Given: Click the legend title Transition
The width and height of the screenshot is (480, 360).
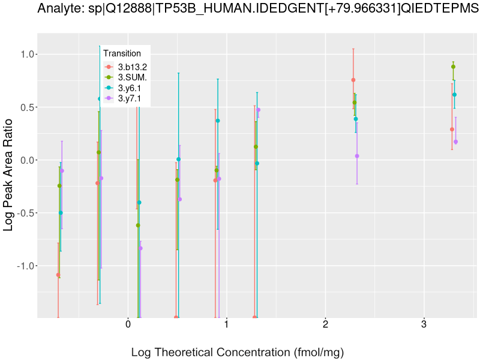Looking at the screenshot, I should (x=122, y=53).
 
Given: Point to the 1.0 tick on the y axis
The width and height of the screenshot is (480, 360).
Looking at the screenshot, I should (x=26, y=55).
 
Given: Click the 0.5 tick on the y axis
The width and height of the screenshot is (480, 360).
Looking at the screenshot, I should (x=26, y=107).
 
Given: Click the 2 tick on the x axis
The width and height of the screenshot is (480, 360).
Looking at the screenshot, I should (x=325, y=325).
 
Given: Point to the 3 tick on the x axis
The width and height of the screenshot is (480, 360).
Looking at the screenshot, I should (x=424, y=325).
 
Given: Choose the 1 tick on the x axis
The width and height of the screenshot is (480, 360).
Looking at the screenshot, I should (x=227, y=325).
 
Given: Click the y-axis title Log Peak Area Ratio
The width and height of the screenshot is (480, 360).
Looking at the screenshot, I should (x=10, y=174).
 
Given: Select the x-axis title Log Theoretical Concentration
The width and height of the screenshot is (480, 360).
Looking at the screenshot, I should (x=238, y=352).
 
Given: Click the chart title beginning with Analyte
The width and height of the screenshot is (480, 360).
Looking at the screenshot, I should (x=258, y=9).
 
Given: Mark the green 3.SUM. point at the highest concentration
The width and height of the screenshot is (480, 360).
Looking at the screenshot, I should (x=454, y=67).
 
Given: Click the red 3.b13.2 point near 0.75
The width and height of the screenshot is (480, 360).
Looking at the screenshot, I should (x=353, y=80).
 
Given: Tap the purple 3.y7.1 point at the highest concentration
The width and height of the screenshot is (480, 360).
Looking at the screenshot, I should (x=455, y=142).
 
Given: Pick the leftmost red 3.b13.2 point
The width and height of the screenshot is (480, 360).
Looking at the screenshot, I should (x=58, y=275).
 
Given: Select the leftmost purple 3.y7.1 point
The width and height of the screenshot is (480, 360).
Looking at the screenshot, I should (x=62, y=171).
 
